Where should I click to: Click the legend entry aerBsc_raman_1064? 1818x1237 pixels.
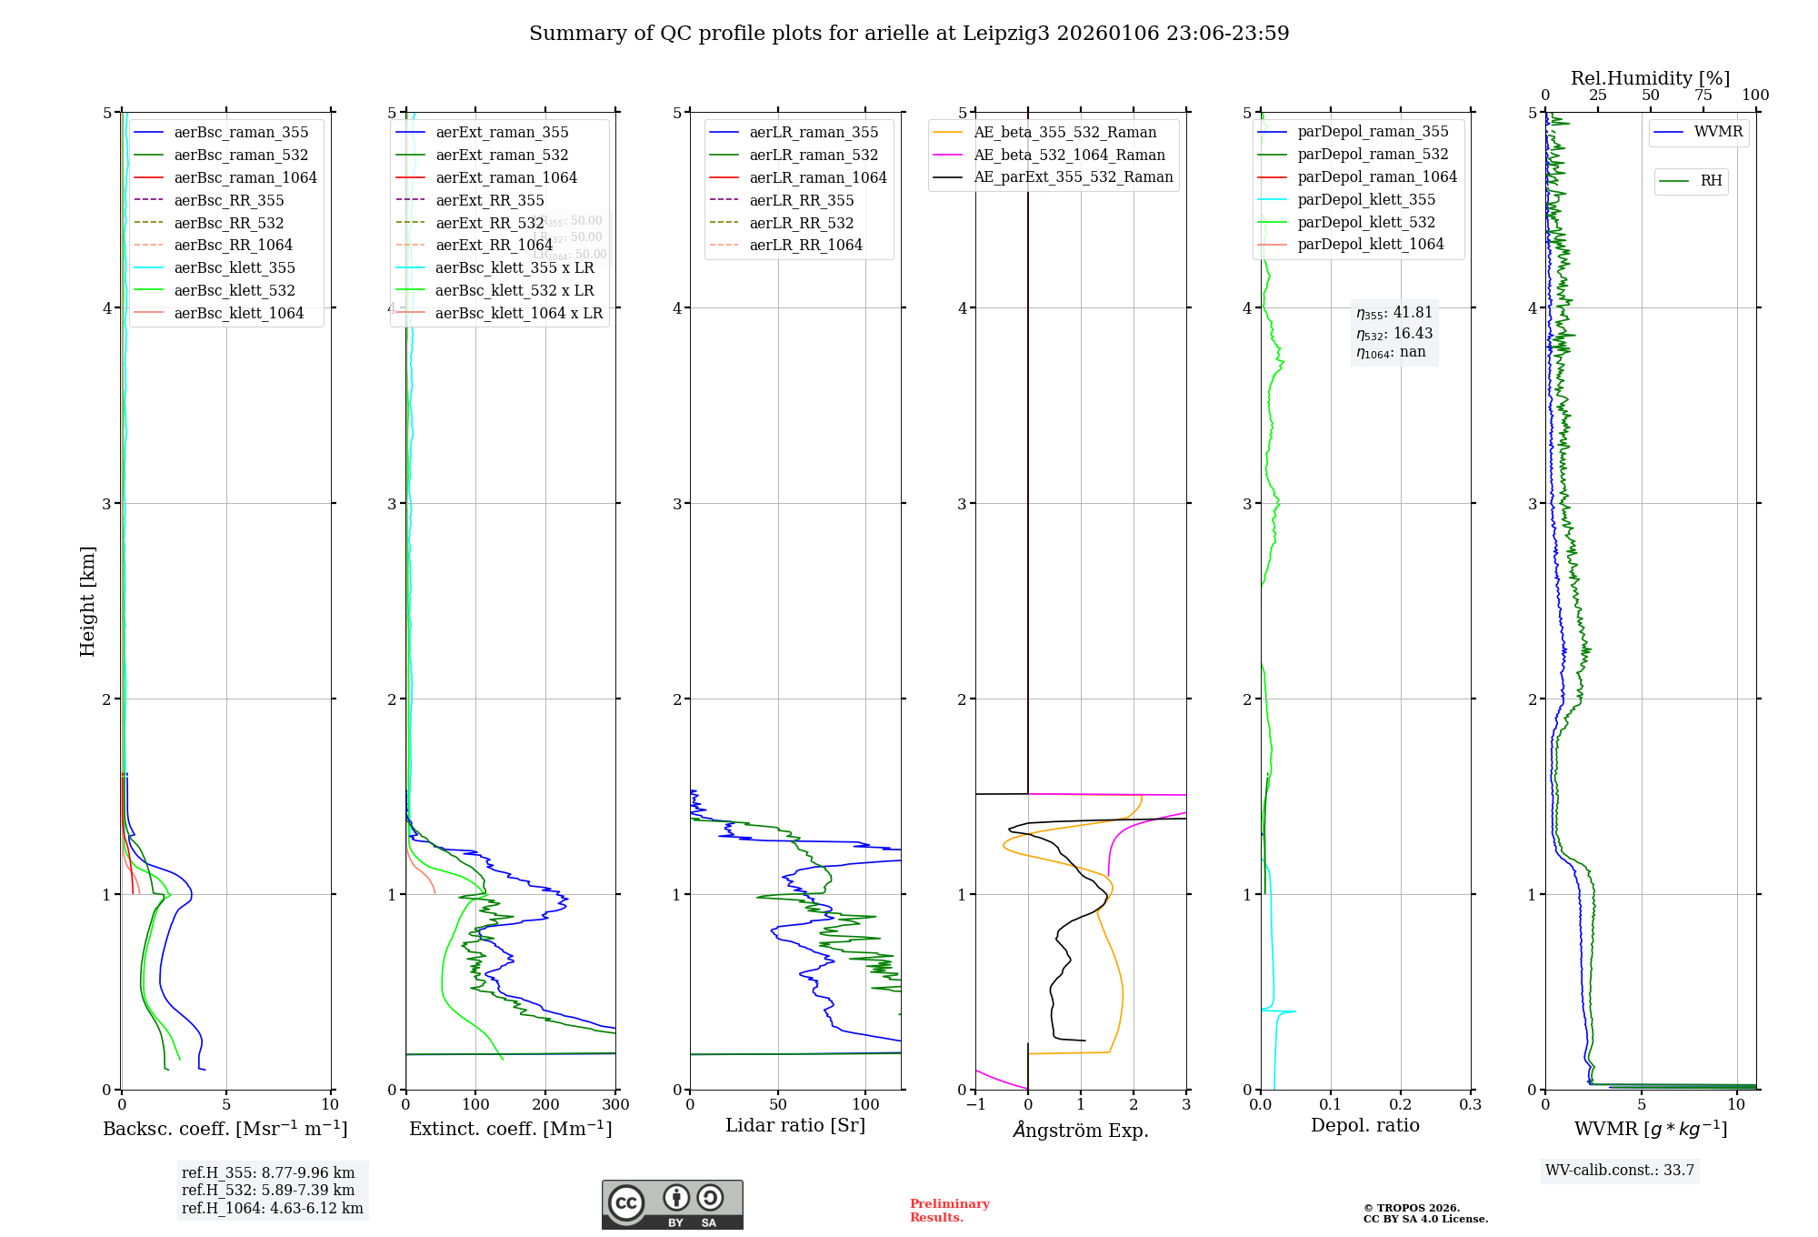(x=245, y=177)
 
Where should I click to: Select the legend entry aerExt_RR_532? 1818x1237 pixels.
(x=489, y=223)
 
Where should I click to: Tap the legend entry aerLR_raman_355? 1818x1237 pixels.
(x=814, y=133)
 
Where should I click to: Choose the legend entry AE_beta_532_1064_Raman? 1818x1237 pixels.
(x=1069, y=155)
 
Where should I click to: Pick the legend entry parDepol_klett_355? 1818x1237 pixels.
(x=1366, y=199)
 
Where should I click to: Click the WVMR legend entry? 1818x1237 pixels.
(x=1718, y=132)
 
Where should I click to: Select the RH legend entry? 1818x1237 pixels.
(x=1711, y=181)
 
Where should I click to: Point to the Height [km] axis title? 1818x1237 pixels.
(x=87, y=601)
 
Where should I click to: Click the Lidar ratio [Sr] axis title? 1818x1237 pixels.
(x=795, y=1125)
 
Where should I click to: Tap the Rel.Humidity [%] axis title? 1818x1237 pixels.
(x=1650, y=78)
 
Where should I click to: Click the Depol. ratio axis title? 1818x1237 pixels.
(x=1364, y=1125)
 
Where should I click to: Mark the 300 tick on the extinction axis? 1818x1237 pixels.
(x=615, y=1105)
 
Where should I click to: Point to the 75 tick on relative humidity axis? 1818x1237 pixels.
(x=1703, y=96)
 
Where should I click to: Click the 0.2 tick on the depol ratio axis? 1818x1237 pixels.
(x=1401, y=1105)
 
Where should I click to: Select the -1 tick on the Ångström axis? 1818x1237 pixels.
(x=975, y=1105)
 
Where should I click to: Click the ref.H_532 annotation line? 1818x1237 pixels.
(x=268, y=1190)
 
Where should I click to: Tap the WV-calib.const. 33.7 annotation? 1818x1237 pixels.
(x=1620, y=1171)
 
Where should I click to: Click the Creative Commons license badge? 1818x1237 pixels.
(x=672, y=1204)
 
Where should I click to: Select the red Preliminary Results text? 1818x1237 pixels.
(x=949, y=1211)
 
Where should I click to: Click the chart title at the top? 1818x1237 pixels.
(x=909, y=34)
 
